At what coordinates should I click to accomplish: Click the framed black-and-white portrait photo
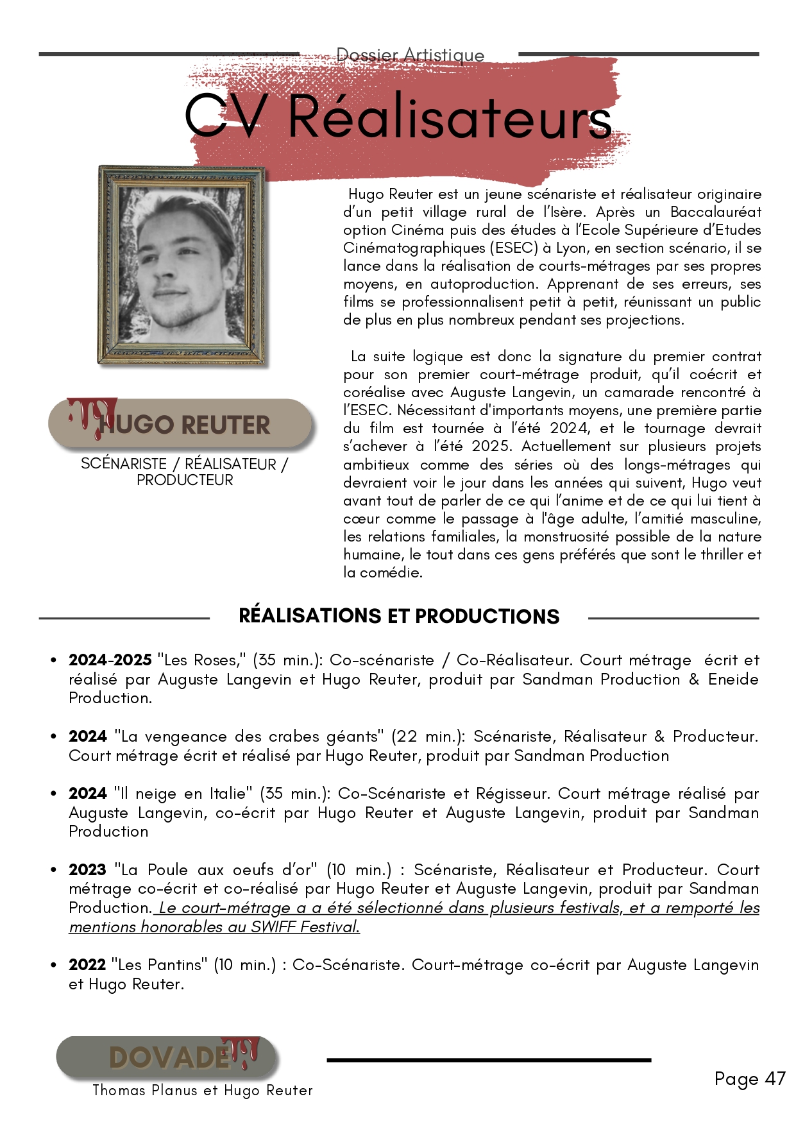pos(183,266)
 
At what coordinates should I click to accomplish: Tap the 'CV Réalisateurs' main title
pos(398,117)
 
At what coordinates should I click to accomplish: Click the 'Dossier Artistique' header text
pos(411,55)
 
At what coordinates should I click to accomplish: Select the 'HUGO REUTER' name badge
pos(181,424)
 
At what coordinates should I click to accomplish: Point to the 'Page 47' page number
pos(749,1079)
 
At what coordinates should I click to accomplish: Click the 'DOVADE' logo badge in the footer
pos(168,1057)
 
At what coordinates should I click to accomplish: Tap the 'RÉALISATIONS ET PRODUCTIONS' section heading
pos(398,616)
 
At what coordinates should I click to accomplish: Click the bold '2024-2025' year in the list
pos(110,660)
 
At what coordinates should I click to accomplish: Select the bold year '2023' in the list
pos(87,870)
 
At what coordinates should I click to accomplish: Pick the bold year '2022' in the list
pos(87,965)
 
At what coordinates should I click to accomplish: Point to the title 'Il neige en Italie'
pos(183,794)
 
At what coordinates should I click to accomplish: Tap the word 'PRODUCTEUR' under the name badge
pos(185,480)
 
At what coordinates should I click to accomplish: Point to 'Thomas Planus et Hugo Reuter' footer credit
pos(203,1090)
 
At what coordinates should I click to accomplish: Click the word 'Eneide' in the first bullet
pos(733,679)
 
